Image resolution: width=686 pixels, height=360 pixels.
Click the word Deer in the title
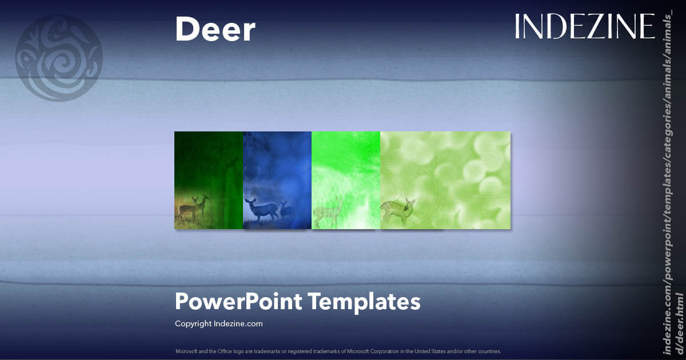pyautogui.click(x=215, y=29)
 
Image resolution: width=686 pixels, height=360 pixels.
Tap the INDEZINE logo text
pyautogui.click(x=584, y=26)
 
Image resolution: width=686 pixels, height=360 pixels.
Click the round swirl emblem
pyautogui.click(x=59, y=58)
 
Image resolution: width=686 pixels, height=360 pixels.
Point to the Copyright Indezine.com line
pyautogui.click(x=218, y=323)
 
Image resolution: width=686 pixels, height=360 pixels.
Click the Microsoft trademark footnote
pyautogui.click(x=338, y=350)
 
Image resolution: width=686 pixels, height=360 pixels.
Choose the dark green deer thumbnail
pyautogui.click(x=209, y=180)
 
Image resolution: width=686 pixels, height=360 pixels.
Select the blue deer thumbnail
pyautogui.click(x=277, y=180)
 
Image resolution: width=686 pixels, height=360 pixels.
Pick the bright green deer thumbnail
pyautogui.click(x=346, y=180)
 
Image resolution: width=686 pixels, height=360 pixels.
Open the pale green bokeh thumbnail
pyautogui.click(x=445, y=180)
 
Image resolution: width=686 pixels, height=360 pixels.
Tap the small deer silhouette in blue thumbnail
pyautogui.click(x=286, y=209)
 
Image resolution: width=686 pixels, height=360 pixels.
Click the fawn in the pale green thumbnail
pyautogui.click(x=398, y=210)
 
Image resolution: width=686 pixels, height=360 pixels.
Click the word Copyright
pyautogui.click(x=193, y=323)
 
